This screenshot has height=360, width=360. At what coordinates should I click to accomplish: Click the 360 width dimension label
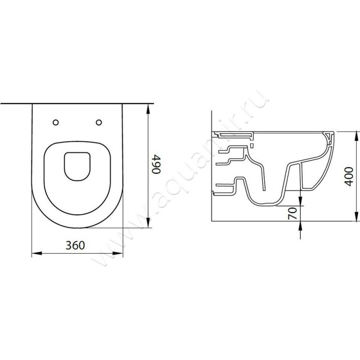[x=75, y=245]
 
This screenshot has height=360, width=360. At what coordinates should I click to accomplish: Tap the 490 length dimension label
[x=157, y=165]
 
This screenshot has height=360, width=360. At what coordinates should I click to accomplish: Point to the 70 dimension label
[x=292, y=213]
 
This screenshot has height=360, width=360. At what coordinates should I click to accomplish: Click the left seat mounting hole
[x=55, y=122]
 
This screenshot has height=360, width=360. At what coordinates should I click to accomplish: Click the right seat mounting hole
[x=99, y=122]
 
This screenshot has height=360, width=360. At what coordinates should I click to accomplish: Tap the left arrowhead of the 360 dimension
[x=37, y=253]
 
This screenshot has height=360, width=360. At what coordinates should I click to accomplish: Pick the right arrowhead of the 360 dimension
[x=117, y=253]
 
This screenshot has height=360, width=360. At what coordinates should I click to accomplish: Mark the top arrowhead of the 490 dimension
[x=148, y=109]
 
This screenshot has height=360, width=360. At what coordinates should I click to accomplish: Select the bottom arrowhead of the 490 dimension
[x=148, y=222]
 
